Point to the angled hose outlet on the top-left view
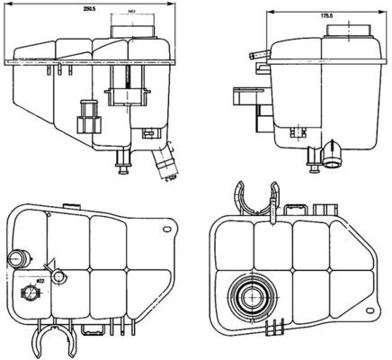(165, 166)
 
